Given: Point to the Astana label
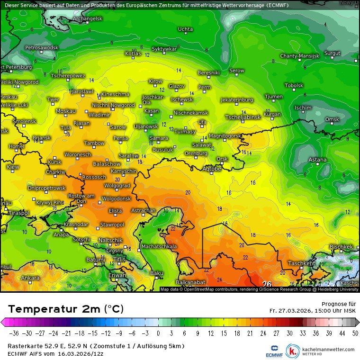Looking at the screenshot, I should [317, 160].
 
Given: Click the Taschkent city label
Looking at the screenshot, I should [301, 263].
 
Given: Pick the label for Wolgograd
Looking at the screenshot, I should [117, 185].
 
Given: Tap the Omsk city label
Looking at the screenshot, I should [332, 119].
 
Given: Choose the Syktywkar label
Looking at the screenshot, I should [164, 49].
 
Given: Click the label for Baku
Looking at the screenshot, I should [156, 273].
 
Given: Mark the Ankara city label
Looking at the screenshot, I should [30, 278].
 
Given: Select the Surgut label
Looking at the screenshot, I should [332, 53].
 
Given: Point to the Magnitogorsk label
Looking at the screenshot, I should [225, 135].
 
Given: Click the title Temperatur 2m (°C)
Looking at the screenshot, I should [66, 309].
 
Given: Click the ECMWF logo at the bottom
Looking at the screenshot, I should [274, 351].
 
